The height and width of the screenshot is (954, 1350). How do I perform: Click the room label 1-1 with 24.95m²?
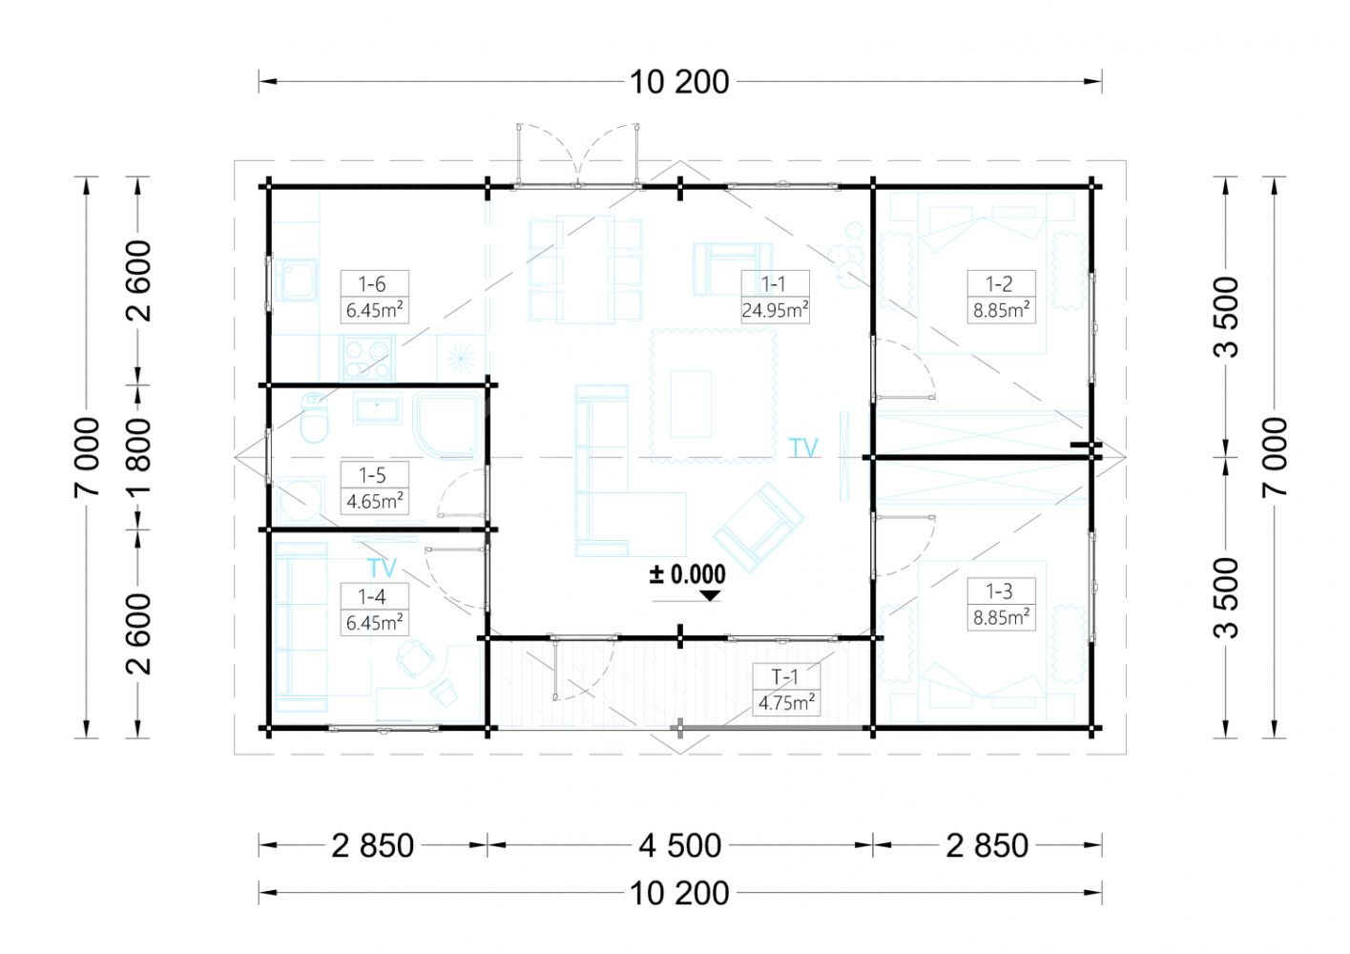click(x=775, y=297)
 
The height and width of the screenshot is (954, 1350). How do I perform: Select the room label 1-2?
click(x=1001, y=297)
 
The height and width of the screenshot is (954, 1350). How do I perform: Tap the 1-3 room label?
click(x=1001, y=604)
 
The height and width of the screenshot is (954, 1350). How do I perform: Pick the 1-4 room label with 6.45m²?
click(x=374, y=609)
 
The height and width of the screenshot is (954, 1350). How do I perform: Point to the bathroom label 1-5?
click(x=374, y=487)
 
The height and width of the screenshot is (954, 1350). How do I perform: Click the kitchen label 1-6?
click(x=374, y=297)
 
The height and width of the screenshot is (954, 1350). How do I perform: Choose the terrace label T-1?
click(x=786, y=690)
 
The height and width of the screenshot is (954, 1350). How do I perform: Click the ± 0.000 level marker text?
click(x=687, y=574)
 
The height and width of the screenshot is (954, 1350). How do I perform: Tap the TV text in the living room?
click(x=804, y=447)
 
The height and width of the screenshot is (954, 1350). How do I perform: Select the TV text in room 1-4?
click(x=382, y=568)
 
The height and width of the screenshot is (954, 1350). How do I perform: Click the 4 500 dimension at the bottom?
click(x=680, y=845)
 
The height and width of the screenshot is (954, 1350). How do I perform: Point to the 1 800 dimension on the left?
click(x=138, y=457)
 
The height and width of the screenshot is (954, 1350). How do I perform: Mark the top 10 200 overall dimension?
click(x=679, y=82)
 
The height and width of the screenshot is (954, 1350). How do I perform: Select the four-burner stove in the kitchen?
click(x=367, y=359)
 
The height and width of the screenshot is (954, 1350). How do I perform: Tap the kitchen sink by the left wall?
click(x=296, y=280)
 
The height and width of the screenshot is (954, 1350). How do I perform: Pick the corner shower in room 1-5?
click(x=448, y=425)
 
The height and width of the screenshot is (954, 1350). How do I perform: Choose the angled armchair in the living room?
click(x=758, y=528)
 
